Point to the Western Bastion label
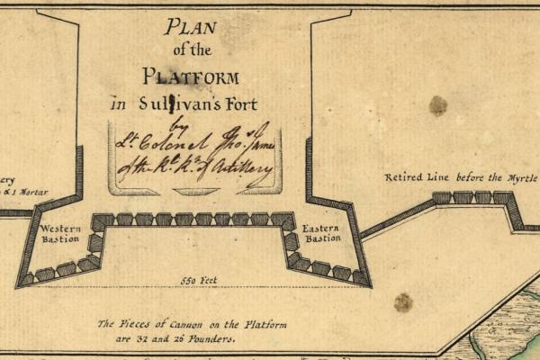60,234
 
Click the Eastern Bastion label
321,233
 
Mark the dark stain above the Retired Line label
438,106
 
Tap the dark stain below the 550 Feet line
403,302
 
